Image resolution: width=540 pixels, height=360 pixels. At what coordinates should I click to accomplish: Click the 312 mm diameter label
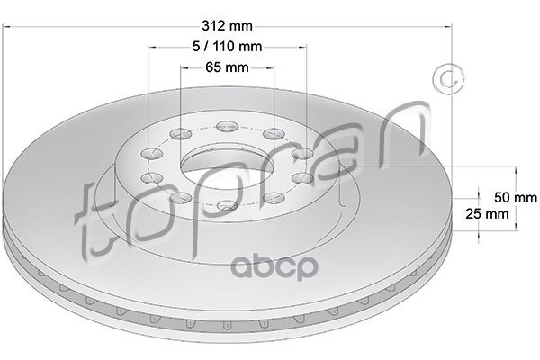(x=227, y=26)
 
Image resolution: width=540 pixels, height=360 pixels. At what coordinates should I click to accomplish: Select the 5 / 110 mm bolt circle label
(x=227, y=47)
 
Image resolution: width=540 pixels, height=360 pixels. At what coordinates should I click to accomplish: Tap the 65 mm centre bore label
(x=227, y=67)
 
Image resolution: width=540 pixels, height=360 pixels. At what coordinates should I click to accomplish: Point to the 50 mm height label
(x=516, y=197)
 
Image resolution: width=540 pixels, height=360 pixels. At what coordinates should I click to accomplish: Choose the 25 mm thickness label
(x=487, y=214)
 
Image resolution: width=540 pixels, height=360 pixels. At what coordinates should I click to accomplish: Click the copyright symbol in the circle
(x=448, y=79)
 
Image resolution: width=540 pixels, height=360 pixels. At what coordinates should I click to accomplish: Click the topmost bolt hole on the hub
(x=228, y=126)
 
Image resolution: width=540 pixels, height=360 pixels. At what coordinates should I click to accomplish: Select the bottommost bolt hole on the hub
(x=228, y=206)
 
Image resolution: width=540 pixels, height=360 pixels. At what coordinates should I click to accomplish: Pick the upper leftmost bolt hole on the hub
(x=152, y=153)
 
